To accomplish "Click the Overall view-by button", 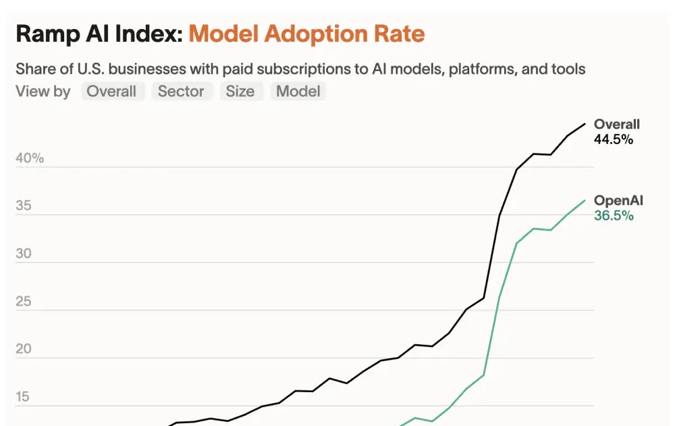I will coord(112,91).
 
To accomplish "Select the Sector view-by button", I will coord(181,91).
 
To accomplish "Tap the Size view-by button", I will coord(240,91).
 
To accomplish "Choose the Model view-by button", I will coord(298,91).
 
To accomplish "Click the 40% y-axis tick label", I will coord(30,158).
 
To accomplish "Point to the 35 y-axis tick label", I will coord(24,206).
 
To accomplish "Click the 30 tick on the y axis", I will coord(24,254).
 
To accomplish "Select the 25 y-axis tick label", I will coord(24,302).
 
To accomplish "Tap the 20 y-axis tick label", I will coord(24,349).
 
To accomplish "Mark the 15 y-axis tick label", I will coord(24,397).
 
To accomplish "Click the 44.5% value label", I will coord(614,139).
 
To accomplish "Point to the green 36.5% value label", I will coord(614,216).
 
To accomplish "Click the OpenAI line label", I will coord(618,201).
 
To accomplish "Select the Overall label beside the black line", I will coord(616,124).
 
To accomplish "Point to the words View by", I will coord(43,91).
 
